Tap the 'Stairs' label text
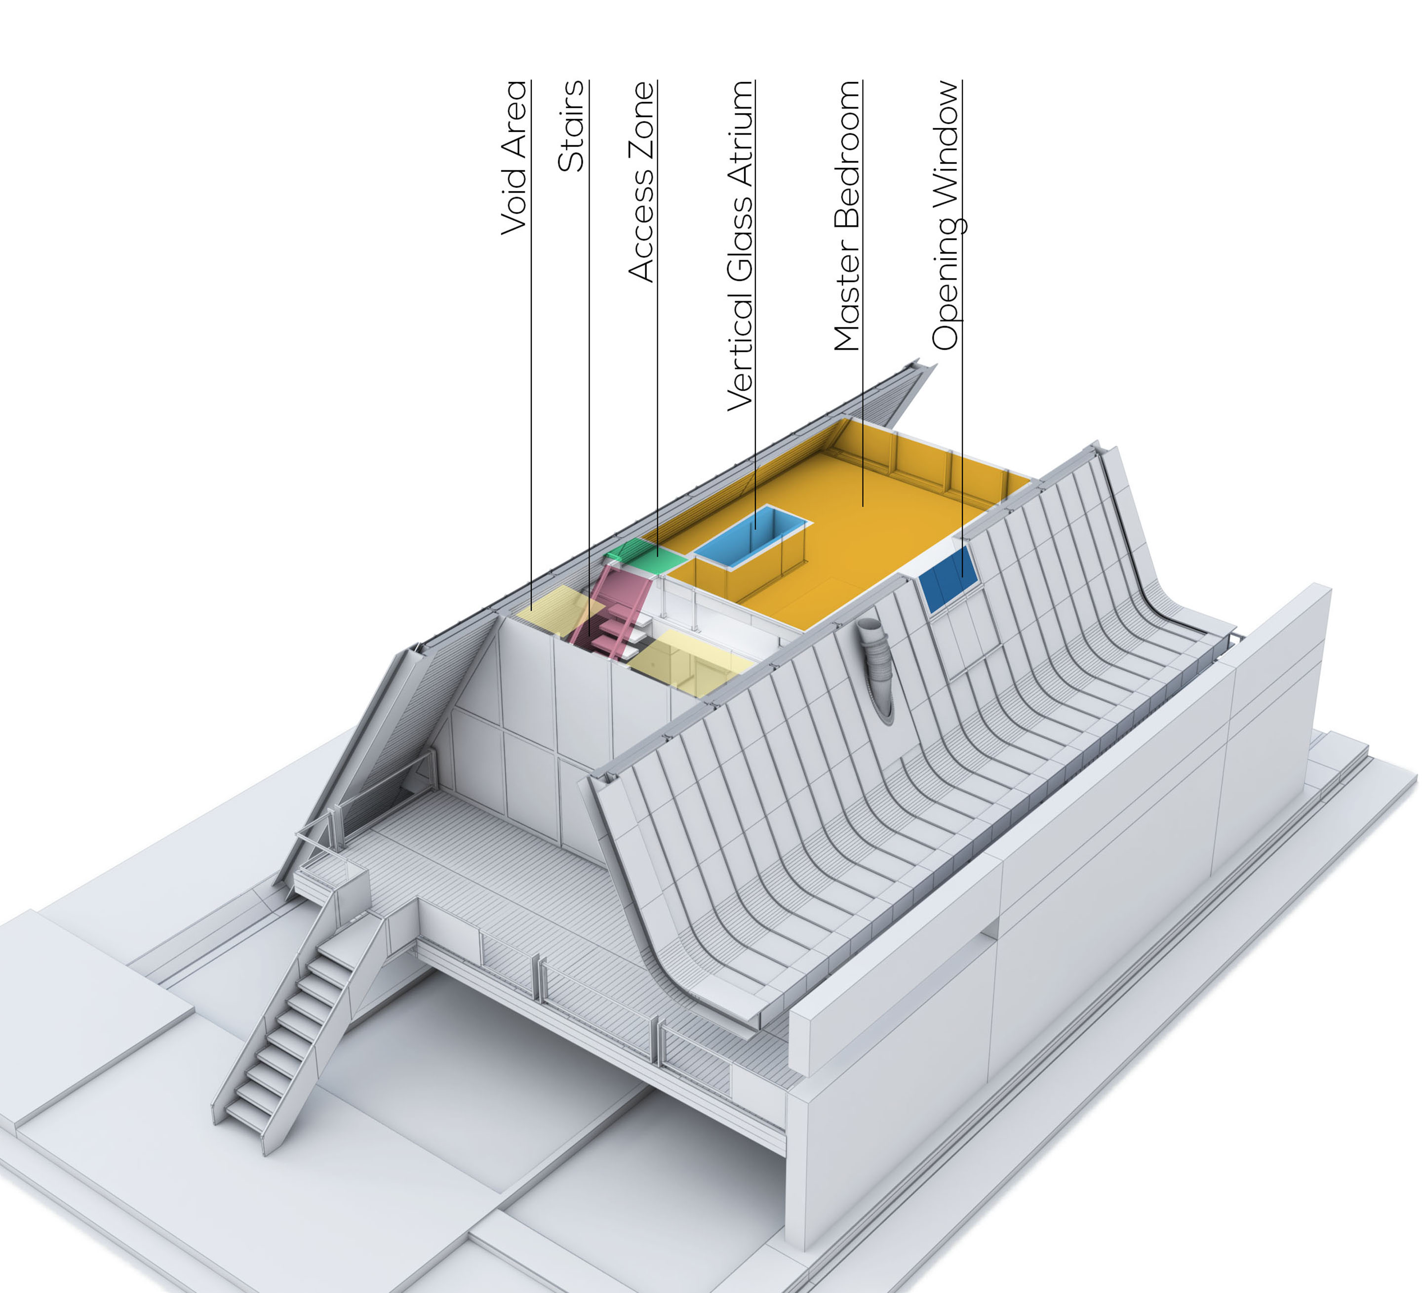571,126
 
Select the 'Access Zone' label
642,182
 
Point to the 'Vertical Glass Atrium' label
741,245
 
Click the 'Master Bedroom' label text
847,216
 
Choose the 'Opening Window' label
947,215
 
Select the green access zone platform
645,554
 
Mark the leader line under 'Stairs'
589,388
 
